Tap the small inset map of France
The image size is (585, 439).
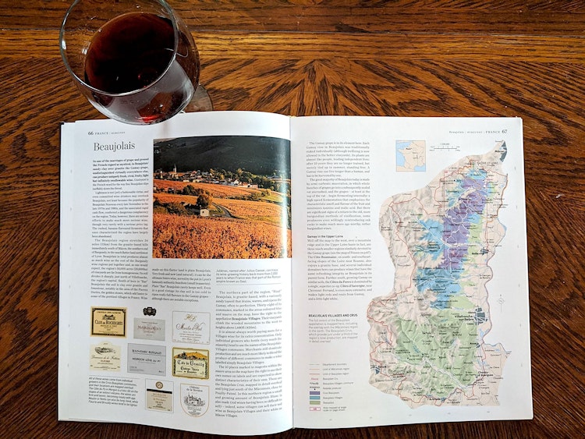tap(410, 155)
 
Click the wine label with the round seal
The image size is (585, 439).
tap(159, 395)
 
